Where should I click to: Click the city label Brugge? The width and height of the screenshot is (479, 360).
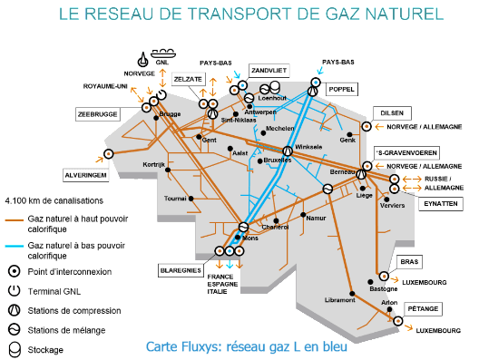pos(170,115)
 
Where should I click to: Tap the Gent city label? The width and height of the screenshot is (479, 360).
pos(209,141)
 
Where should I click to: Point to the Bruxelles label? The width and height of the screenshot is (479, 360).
pos(278,161)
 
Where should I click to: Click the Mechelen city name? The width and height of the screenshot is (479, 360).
pos(279,129)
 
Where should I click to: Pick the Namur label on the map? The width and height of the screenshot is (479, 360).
pos(317,218)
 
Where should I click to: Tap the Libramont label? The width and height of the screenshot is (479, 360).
pos(339,300)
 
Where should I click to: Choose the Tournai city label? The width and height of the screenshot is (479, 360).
pos(173,197)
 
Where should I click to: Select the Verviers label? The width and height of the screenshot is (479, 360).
pos(393,206)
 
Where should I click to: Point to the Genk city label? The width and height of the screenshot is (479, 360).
pos(348,140)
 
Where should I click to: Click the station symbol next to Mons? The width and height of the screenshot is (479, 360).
pos(243,228)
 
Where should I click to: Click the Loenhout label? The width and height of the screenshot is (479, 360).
pos(272,98)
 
